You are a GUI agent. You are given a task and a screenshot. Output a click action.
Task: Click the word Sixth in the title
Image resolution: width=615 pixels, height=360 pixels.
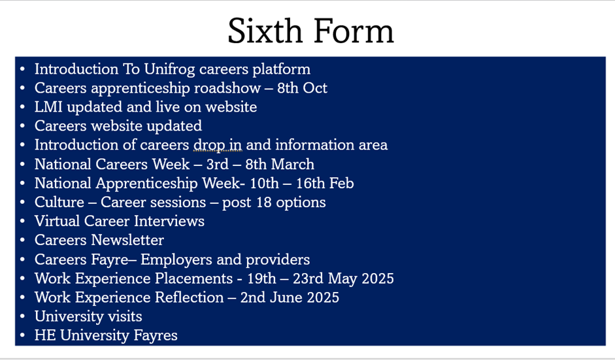264,31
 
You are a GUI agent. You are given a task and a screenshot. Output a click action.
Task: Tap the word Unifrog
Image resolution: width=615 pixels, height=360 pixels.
169,69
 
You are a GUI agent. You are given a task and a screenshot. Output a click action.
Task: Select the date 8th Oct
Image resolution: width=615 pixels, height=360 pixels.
302,88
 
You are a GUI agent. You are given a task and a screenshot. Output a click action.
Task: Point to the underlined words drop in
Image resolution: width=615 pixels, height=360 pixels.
217,145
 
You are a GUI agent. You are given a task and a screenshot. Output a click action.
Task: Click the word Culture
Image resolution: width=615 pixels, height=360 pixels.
59,202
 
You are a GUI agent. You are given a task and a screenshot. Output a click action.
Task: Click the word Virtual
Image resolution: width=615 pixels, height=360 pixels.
57,221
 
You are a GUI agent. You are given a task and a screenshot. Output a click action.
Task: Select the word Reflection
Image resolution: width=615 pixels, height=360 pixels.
189,297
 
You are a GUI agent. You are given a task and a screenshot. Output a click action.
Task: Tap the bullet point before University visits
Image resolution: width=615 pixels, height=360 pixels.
22,316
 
